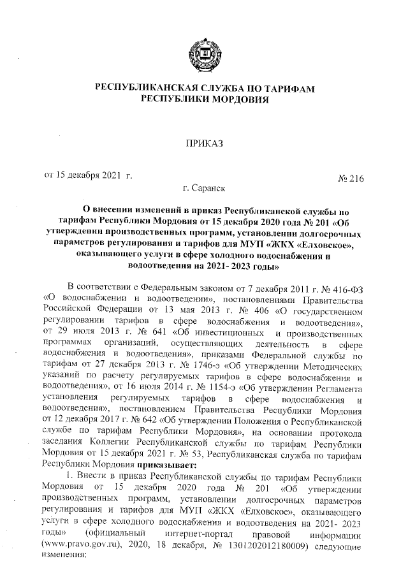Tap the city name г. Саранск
[203, 189]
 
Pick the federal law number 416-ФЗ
[346, 302]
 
